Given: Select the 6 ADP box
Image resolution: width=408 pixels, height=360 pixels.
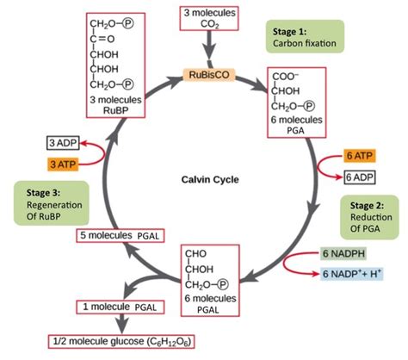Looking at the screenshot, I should (x=359, y=177).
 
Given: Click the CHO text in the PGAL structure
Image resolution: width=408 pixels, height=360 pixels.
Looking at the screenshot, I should (x=197, y=255).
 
